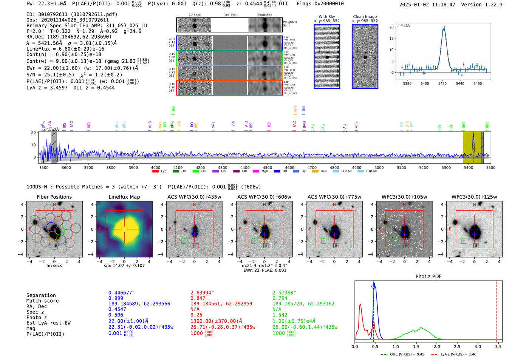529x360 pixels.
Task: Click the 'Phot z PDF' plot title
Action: point(428,277)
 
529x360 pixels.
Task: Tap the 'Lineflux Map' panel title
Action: point(124,197)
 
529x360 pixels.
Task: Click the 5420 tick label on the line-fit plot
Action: point(442,83)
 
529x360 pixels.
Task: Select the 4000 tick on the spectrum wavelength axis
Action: point(156,167)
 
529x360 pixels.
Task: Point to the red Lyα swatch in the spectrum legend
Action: point(155,172)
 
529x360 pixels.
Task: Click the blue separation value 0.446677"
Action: point(122,293)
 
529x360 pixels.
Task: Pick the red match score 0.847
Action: point(198,298)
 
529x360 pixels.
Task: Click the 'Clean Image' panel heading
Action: point(365,17)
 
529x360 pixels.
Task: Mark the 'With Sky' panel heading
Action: point(326,17)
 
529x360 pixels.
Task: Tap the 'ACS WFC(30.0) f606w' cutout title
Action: point(264,197)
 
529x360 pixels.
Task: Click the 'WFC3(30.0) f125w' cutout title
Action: point(474,197)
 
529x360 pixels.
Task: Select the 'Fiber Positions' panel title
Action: point(54,197)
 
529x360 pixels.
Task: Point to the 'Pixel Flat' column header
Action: point(230,15)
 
